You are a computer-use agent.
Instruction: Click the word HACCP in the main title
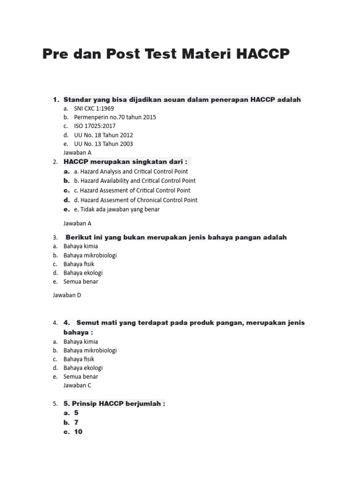click(263, 54)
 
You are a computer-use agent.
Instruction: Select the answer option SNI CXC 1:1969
click(94, 108)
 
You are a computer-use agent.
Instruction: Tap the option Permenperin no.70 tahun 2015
click(115, 117)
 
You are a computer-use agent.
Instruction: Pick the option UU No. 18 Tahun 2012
click(103, 135)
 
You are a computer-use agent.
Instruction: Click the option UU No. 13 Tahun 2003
click(103, 144)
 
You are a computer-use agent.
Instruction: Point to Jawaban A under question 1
click(77, 152)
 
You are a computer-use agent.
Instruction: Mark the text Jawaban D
click(67, 295)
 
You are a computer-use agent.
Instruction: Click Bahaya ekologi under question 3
click(83, 273)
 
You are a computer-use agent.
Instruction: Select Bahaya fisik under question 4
click(79, 359)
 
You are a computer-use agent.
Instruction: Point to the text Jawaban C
click(77, 385)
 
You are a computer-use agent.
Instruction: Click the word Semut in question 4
click(88, 322)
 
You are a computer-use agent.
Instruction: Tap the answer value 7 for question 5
click(76, 422)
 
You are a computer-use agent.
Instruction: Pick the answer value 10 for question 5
click(78, 432)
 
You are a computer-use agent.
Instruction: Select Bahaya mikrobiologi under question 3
click(90, 255)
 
